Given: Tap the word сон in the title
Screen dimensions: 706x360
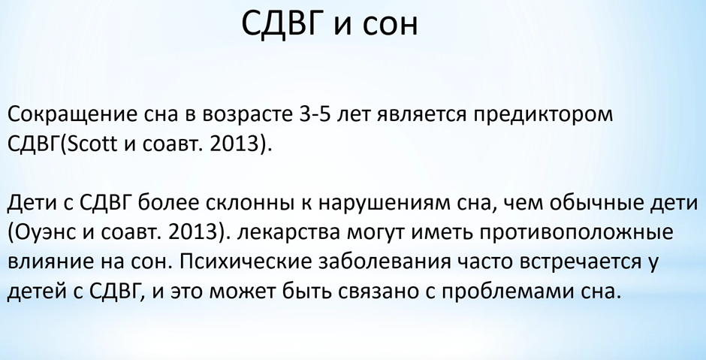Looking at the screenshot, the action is coord(390,26).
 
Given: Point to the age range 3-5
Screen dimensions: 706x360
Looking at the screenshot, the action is coord(315,114).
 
